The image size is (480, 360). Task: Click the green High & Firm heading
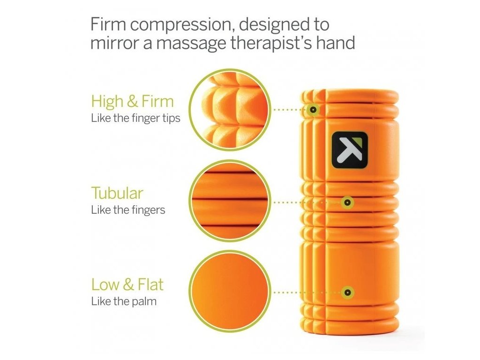pyautogui.click(x=132, y=101)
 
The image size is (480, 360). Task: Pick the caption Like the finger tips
pyautogui.click(x=135, y=118)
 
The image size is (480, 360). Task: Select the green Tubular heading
pyautogui.click(x=117, y=193)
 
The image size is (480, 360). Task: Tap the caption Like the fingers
pyautogui.click(x=128, y=210)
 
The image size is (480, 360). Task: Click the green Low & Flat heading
pyautogui.click(x=127, y=285)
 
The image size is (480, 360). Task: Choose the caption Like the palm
pyautogui.click(x=124, y=301)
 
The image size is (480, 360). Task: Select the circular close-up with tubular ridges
pyautogui.click(x=230, y=201)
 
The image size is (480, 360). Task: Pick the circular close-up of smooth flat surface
pyautogui.click(x=230, y=291)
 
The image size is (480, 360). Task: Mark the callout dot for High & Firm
pyautogui.click(x=313, y=110)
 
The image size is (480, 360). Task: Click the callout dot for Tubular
pyautogui.click(x=347, y=202)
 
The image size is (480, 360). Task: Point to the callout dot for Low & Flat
pyautogui.click(x=347, y=292)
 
